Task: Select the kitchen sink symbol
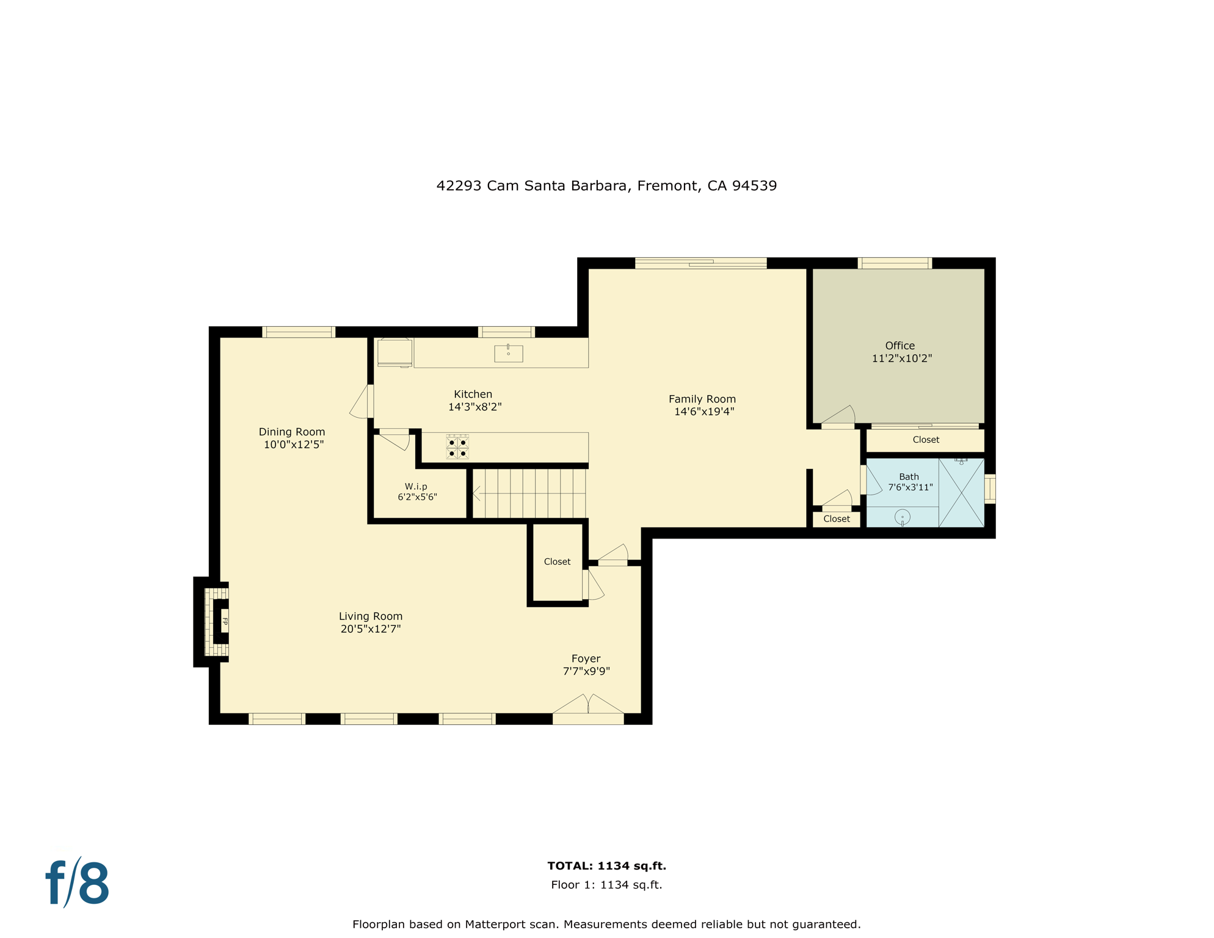coord(508,354)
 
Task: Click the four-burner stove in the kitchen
coord(457,446)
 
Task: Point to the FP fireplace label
coord(225,622)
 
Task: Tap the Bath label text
coord(909,477)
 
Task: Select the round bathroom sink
coord(903,517)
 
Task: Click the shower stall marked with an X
coord(961,492)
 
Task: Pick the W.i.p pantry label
coord(416,487)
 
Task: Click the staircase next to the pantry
coord(529,493)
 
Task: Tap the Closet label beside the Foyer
coord(557,562)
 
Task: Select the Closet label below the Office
coord(926,440)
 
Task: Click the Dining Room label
coord(292,432)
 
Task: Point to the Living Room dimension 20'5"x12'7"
coord(371,629)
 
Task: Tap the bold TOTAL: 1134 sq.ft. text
coord(606,866)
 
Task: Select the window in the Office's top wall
coord(895,263)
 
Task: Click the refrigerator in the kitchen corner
coord(394,353)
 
